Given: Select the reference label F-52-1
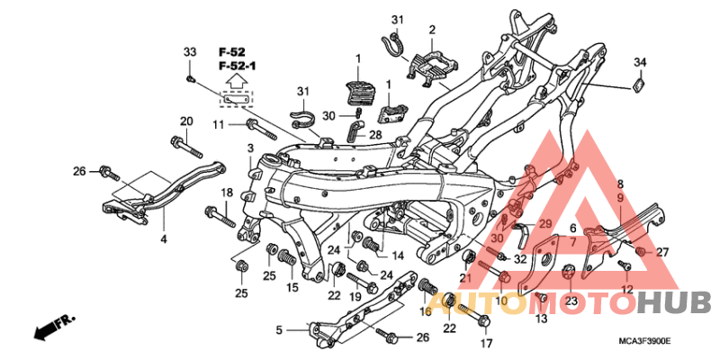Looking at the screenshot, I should point(235,67).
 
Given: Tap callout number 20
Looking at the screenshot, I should point(186,121).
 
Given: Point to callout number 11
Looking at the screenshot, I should point(219,123).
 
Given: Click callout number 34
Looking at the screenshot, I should point(640,62).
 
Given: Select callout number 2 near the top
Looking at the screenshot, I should point(432,30).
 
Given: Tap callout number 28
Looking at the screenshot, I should point(375,134).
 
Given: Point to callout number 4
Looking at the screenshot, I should point(163,239).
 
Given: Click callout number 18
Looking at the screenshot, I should point(228,193).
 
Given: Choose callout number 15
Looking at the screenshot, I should point(292,287).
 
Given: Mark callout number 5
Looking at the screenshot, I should point(279,330).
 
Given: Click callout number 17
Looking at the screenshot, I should point(486,343).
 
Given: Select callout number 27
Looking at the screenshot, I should point(662,252).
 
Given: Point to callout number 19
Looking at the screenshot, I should point(354,296).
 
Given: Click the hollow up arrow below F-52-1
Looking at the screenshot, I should point(236,83).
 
